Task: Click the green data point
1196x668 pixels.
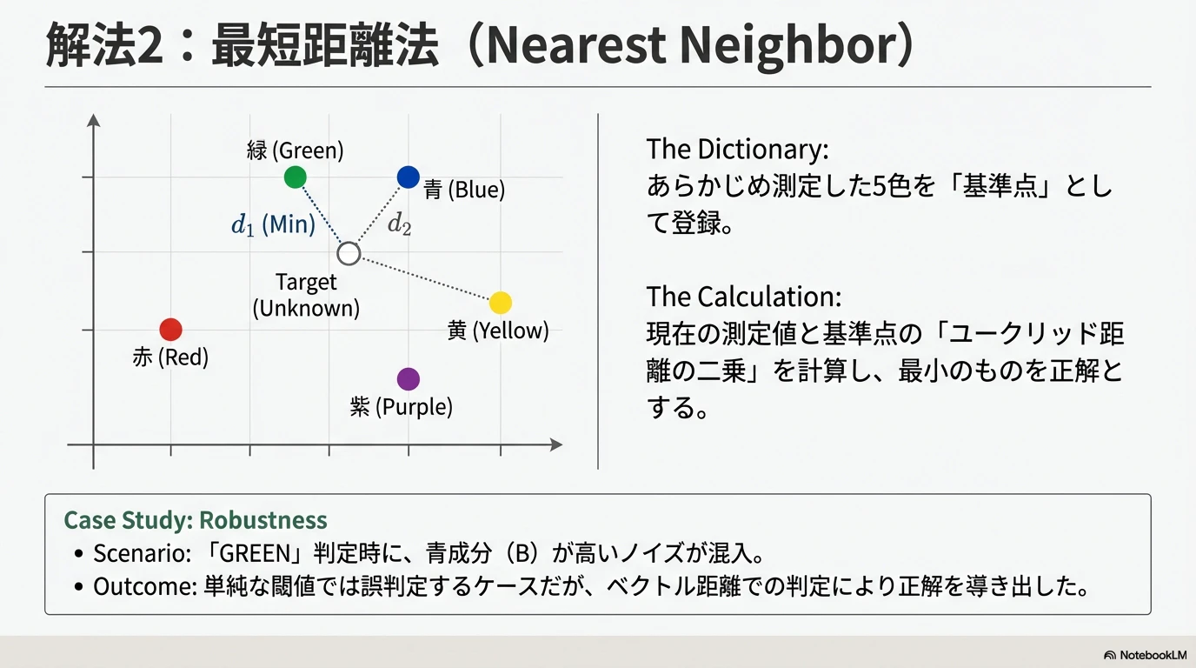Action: (x=296, y=177)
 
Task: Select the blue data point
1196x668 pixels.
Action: (x=408, y=177)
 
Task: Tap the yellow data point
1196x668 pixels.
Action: (x=500, y=303)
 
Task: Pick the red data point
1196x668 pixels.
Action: (x=171, y=330)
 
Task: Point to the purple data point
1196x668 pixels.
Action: (x=408, y=379)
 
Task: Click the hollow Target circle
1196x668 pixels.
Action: (x=349, y=253)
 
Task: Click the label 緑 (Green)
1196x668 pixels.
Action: (x=295, y=150)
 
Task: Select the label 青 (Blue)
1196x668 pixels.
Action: (x=464, y=190)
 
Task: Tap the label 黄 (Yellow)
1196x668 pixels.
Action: (x=498, y=331)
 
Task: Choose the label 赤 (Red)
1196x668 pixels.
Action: (x=170, y=357)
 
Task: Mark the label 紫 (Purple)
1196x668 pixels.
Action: (x=402, y=406)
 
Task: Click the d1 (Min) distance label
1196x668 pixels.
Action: (x=272, y=224)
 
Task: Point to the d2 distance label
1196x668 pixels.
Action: (x=399, y=224)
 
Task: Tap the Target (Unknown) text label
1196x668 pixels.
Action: (x=306, y=295)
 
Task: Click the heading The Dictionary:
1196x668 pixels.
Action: (x=737, y=150)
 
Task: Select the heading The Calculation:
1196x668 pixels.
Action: (x=743, y=297)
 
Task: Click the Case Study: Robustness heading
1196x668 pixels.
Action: (x=196, y=520)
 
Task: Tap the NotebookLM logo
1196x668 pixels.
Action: (x=1145, y=655)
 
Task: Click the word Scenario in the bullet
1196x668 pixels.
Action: (x=129, y=553)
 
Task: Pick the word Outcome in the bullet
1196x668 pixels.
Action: (x=131, y=586)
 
